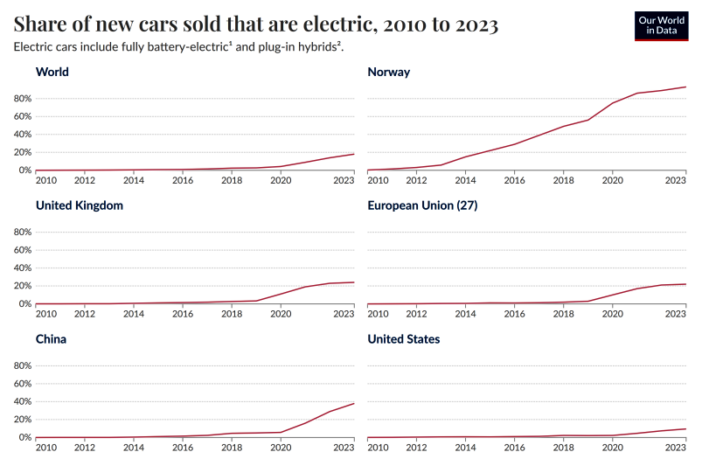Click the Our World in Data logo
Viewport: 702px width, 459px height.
click(x=661, y=26)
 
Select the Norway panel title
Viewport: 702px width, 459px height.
click(x=389, y=72)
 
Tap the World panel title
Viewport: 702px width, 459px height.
click(x=52, y=72)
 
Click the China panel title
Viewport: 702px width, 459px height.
click(x=51, y=339)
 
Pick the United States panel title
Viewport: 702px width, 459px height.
click(x=404, y=339)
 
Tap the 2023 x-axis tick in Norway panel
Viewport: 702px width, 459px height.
click(x=676, y=180)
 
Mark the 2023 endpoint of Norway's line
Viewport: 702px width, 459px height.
click(x=685, y=87)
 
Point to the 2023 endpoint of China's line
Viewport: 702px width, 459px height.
click(x=354, y=403)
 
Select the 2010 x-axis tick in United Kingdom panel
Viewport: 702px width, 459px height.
click(x=46, y=314)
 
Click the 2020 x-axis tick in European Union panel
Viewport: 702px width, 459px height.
click(x=613, y=314)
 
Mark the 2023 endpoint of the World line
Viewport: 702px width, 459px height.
click(x=354, y=154)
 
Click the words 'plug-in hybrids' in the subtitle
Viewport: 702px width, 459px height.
click(x=295, y=47)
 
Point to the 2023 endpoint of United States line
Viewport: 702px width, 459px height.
click(x=685, y=429)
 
